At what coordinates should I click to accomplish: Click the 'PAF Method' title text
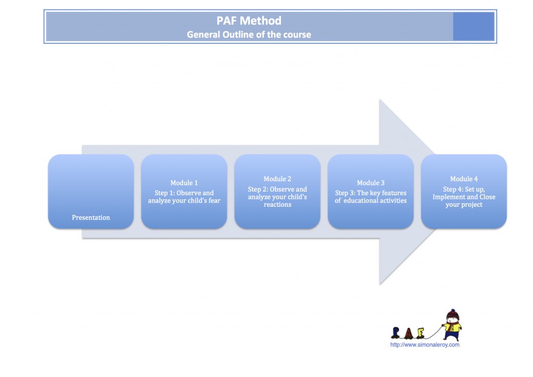(x=249, y=21)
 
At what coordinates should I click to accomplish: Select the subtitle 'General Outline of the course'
(x=249, y=35)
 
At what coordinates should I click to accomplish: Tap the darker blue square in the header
(x=473, y=27)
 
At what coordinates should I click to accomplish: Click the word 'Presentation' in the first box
(x=91, y=218)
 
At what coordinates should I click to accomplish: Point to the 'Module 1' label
(x=184, y=183)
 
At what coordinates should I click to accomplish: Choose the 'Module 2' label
(x=277, y=179)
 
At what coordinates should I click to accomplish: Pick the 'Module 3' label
(x=371, y=183)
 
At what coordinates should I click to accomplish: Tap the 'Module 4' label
(x=464, y=179)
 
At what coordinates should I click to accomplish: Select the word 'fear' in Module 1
(x=213, y=200)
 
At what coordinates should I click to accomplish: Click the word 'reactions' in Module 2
(x=277, y=205)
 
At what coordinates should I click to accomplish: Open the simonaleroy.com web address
(x=425, y=345)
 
